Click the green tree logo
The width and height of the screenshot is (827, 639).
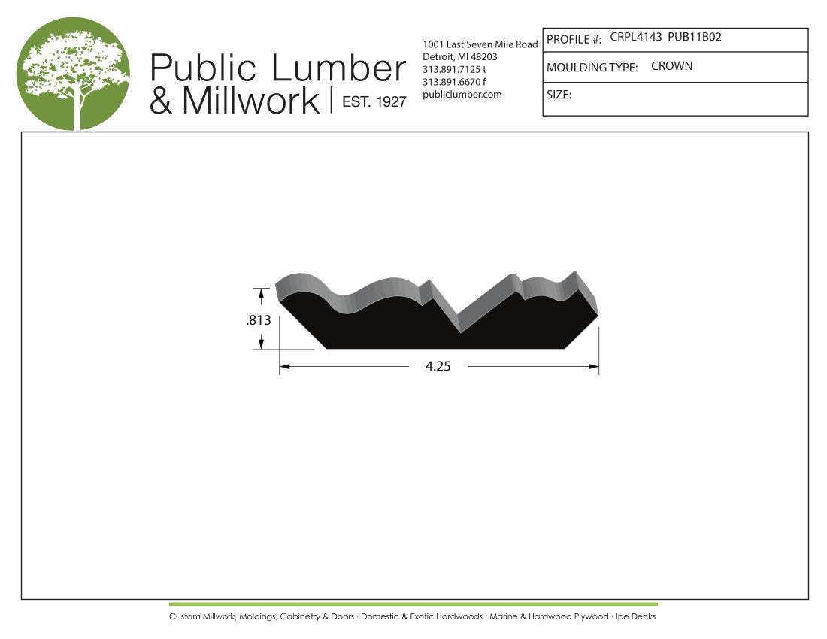(73, 73)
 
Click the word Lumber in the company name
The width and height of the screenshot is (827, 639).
(338, 68)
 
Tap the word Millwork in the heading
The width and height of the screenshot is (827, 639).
(250, 101)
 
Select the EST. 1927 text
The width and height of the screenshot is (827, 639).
(374, 101)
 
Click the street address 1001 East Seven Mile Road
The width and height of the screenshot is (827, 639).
(480, 44)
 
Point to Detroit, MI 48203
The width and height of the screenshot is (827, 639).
(460, 57)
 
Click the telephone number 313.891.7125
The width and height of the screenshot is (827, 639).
(451, 70)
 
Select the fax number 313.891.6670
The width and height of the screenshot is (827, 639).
(451, 82)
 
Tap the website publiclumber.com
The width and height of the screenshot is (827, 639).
(462, 95)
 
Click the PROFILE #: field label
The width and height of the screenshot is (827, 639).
(574, 40)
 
